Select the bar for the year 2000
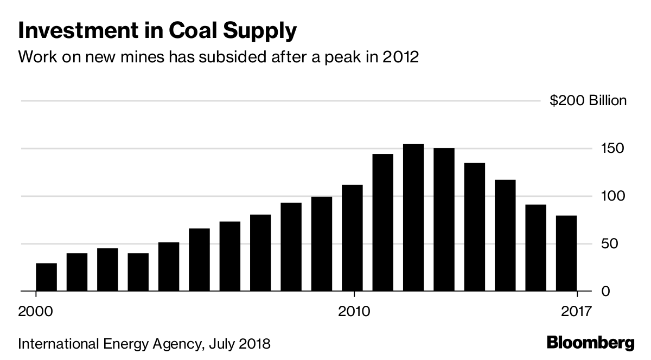pyautogui.click(x=46, y=277)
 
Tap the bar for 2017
pyautogui.click(x=566, y=253)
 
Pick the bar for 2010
pyautogui.click(x=352, y=238)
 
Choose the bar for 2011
pyautogui.click(x=383, y=222)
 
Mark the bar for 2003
pyautogui.click(x=138, y=272)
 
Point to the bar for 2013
pyautogui.click(x=444, y=220)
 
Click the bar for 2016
pyautogui.click(x=536, y=248)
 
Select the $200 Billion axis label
pyautogui.click(x=589, y=101)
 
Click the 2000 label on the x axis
pyautogui.click(x=36, y=312)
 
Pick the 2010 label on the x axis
pyautogui.click(x=354, y=312)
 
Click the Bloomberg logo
pyautogui.click(x=590, y=343)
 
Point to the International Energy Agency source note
pyautogui.click(x=144, y=344)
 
